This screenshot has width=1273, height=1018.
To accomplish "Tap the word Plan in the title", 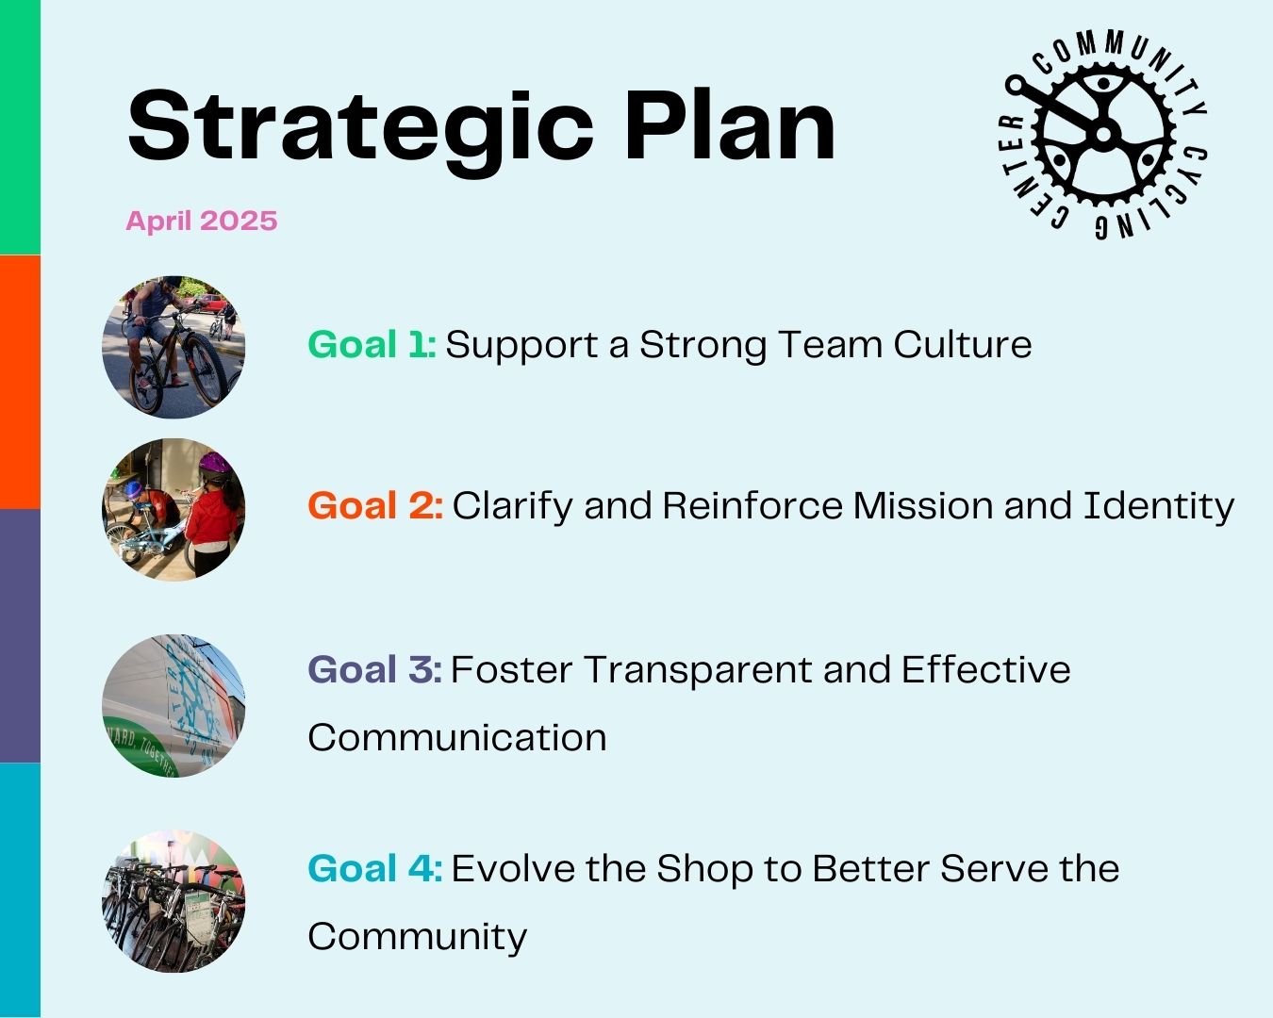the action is [x=730, y=125].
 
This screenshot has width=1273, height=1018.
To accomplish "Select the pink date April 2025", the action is [x=201, y=222].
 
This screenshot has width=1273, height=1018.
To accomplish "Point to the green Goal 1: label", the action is [x=372, y=344].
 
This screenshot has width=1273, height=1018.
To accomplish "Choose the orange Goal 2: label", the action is [x=375, y=506].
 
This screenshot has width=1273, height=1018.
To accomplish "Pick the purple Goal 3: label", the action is [x=374, y=669].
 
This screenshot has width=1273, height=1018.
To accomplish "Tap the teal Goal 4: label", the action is [x=375, y=868].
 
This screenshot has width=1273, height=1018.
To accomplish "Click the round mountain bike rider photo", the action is [x=174, y=347].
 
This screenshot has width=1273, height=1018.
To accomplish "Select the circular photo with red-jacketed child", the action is [x=174, y=509].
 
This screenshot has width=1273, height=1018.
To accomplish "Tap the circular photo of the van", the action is [x=174, y=706].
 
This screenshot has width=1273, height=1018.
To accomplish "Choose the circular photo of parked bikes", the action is [x=174, y=901].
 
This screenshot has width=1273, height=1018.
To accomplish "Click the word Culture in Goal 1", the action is [x=963, y=344].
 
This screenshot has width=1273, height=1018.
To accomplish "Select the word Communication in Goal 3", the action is [x=457, y=738].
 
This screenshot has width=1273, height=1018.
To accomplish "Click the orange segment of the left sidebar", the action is [x=20, y=382].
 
